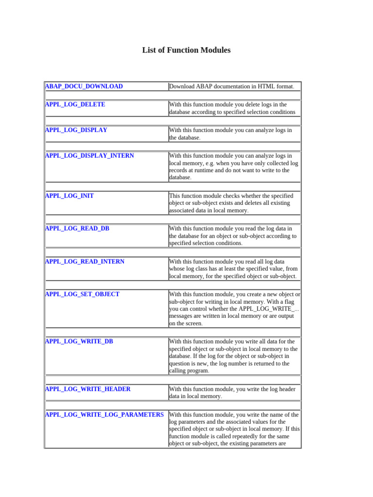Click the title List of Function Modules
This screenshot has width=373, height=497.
tap(186, 50)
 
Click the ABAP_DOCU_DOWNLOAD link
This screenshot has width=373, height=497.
tap(84, 86)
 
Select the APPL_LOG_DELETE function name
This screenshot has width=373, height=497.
tap(75, 104)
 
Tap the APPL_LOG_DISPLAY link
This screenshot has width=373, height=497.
tap(76, 130)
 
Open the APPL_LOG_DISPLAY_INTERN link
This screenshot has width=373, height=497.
tap(89, 156)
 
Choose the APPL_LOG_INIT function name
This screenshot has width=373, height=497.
tap(69, 196)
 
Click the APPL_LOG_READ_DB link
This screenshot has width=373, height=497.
tap(77, 229)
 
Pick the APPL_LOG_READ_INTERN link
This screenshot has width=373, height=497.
tap(85, 262)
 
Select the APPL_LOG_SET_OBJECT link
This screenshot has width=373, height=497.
tap(82, 294)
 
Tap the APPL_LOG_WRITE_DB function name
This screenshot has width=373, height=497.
tap(79, 342)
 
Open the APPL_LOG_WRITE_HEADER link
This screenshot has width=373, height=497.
tap(87, 389)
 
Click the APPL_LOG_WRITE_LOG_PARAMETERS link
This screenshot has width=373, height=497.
tap(104, 415)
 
